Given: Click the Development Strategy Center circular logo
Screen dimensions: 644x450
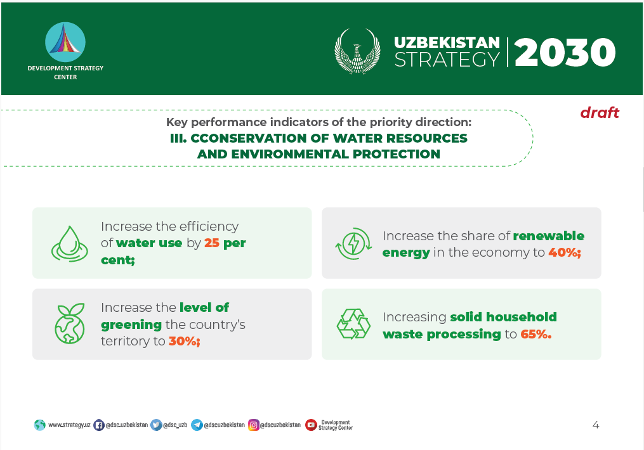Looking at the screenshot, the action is click(65, 42).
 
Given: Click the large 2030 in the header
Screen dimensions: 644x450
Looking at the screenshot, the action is click(565, 52).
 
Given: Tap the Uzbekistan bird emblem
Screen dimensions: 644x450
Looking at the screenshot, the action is click(357, 51).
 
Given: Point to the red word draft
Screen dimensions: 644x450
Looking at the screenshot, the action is click(600, 112).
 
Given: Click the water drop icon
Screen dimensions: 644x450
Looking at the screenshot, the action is click(69, 243).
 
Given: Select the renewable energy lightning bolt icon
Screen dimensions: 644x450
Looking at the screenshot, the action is click(353, 243).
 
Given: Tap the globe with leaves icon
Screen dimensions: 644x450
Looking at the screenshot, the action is click(70, 323).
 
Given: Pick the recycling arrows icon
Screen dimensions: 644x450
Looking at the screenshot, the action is click(353, 324).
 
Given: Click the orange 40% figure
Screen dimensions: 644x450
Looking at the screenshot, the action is click(565, 252).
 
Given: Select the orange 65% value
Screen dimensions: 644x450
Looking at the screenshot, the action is click(536, 334).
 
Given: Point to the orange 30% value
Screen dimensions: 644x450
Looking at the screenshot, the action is click(185, 341).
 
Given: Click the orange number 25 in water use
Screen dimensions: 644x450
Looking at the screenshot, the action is click(212, 243).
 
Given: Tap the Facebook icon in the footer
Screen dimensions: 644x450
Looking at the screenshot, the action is click(98, 425).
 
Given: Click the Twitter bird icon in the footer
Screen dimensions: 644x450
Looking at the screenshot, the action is click(156, 425).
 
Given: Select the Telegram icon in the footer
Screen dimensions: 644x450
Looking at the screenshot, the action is click(197, 425).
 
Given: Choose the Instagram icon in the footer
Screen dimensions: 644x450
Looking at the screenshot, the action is click(254, 425).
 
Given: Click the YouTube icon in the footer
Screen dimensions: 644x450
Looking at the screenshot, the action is click(311, 425).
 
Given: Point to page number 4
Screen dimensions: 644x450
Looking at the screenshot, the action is click(596, 425).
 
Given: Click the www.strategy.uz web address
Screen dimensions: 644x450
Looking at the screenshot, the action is click(69, 425).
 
